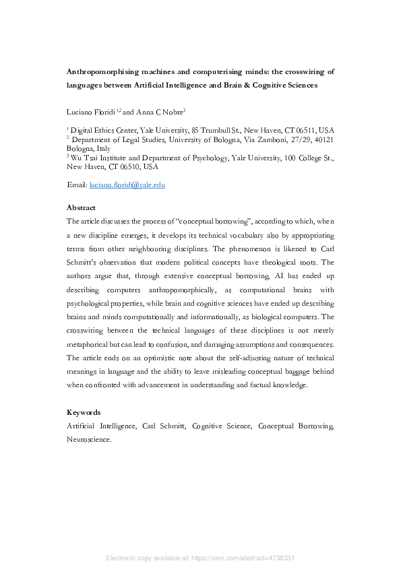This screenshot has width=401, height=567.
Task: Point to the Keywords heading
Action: pos(84,412)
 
